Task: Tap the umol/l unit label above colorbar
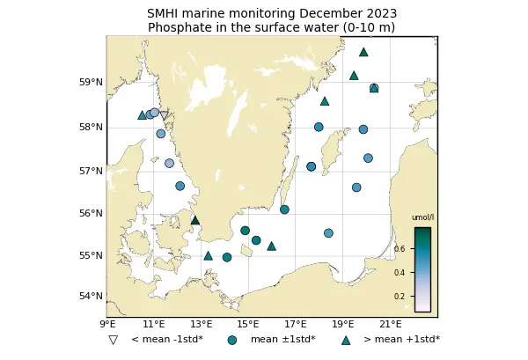(x=422, y=217)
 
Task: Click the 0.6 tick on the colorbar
(x=424, y=249)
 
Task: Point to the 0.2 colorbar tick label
(x=424, y=297)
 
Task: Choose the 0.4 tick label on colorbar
(x=424, y=273)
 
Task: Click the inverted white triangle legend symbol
(x=113, y=340)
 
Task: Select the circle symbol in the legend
(x=232, y=340)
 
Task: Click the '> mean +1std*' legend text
(x=401, y=340)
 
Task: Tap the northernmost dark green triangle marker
(x=363, y=52)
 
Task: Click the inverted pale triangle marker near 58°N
(x=164, y=115)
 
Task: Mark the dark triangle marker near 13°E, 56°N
(x=195, y=220)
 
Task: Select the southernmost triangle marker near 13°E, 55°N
(x=209, y=256)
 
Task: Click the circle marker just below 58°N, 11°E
(x=161, y=134)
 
